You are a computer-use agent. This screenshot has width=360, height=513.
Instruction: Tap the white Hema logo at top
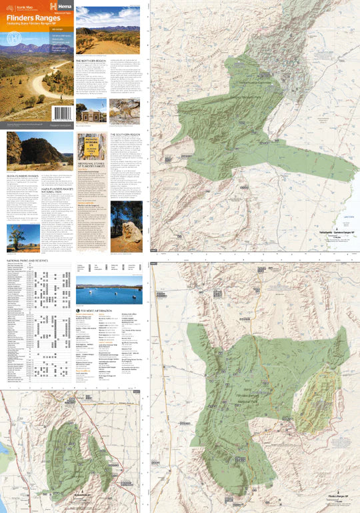pos(56,5)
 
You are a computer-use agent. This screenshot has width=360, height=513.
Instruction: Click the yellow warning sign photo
pos(90,146)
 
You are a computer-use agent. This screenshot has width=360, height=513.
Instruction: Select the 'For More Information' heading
pos(99,311)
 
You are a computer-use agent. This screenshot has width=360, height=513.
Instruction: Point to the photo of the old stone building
pos(91,111)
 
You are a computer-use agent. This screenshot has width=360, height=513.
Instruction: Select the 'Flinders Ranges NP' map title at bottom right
pos(341,496)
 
